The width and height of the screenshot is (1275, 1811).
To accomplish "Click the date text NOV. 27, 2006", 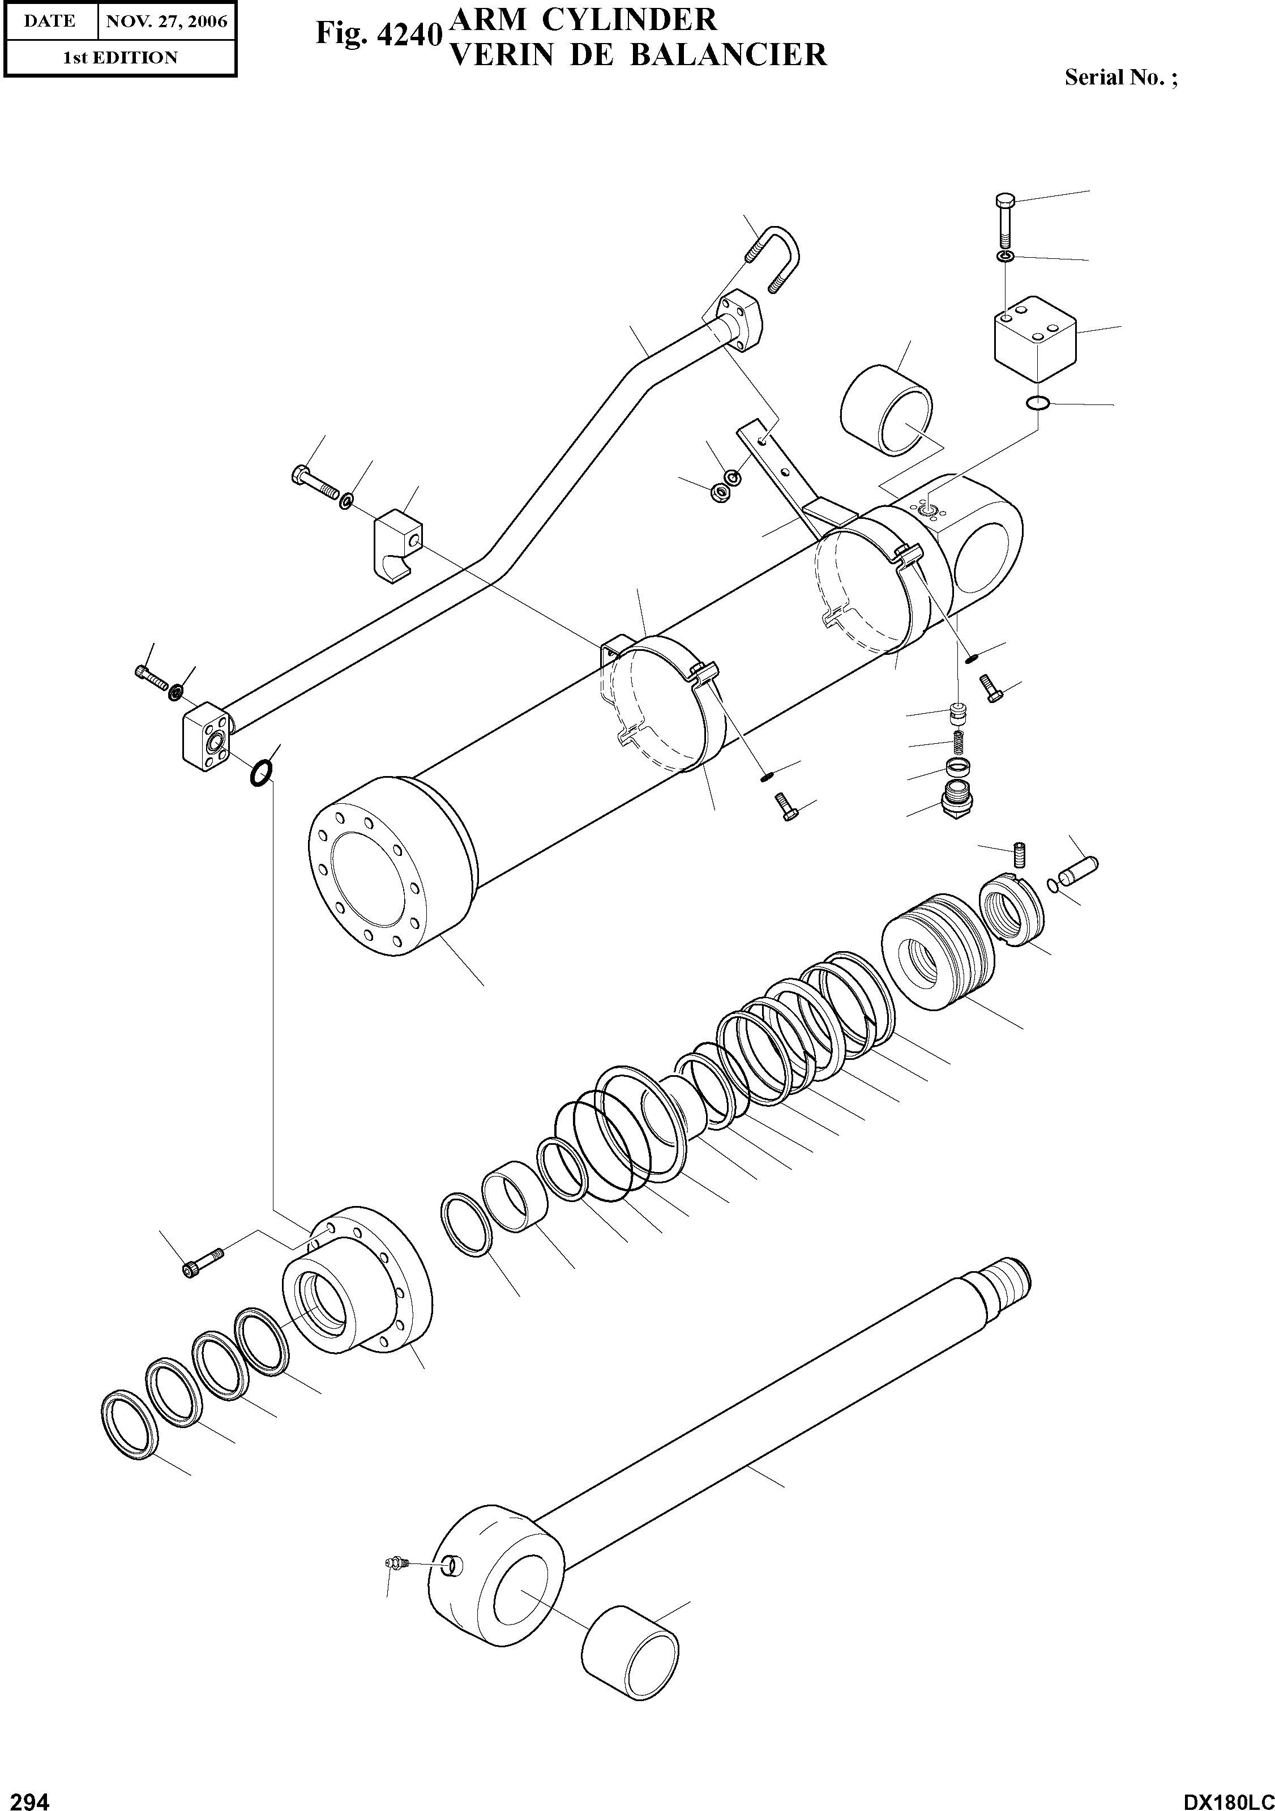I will [x=166, y=22].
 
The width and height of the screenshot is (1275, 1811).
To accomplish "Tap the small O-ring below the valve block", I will [x=1038, y=404].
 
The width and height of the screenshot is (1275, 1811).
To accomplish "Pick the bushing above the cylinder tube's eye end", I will [x=887, y=410].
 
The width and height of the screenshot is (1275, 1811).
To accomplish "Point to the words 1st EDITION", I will [x=120, y=58].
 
